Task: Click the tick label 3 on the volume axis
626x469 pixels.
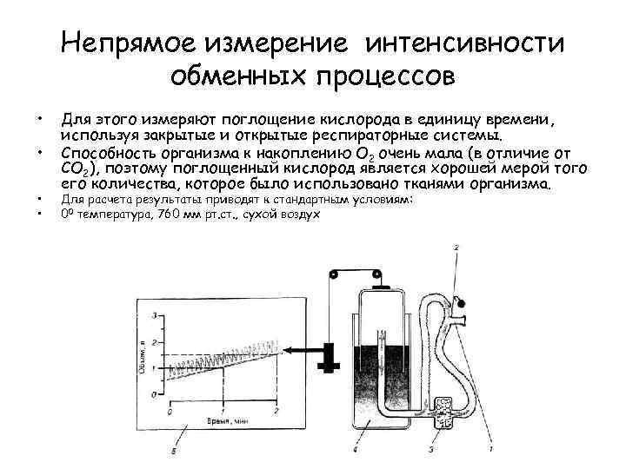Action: coord(154,314)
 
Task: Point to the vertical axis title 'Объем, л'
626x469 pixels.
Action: coord(141,356)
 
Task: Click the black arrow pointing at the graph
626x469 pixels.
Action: coord(300,349)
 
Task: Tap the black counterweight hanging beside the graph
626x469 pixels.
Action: coord(329,356)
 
